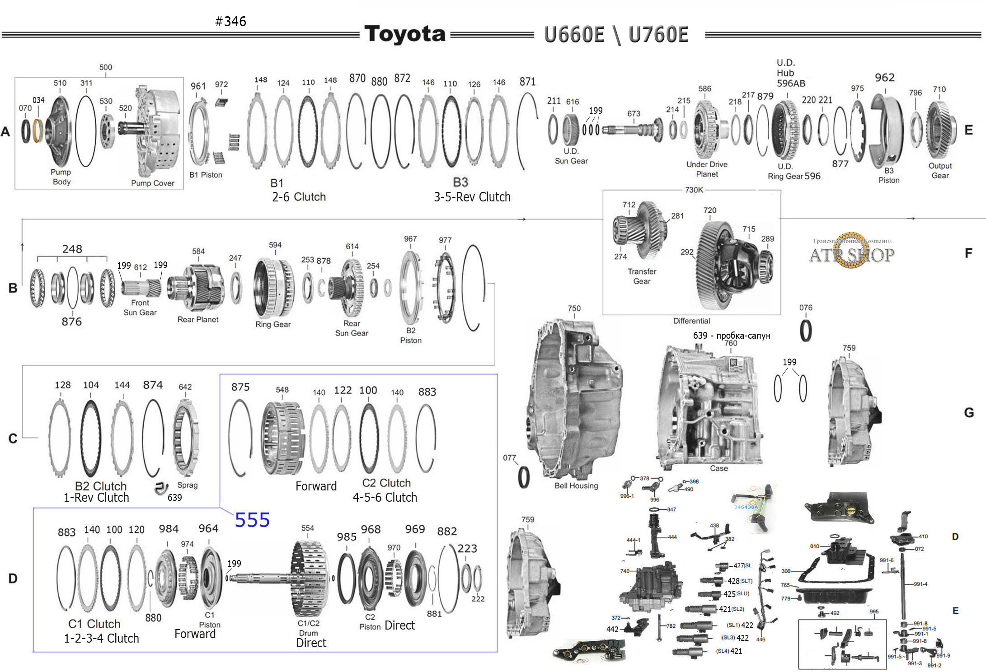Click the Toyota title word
click(404, 34)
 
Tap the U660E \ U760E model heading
click(616, 35)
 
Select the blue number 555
click(252, 520)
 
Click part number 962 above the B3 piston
click(884, 78)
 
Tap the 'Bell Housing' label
click(576, 485)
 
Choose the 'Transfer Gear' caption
click(642, 276)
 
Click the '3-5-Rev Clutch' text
click(472, 197)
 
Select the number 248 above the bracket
click(72, 249)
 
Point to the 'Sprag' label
click(187, 485)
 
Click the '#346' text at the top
click(230, 21)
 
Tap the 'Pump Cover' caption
click(152, 183)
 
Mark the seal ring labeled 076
click(806, 331)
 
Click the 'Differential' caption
click(691, 321)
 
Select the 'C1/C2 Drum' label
click(308, 628)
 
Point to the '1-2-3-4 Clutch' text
click(101, 638)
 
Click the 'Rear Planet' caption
click(197, 319)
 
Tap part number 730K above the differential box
click(694, 190)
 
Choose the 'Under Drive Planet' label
click(707, 169)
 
